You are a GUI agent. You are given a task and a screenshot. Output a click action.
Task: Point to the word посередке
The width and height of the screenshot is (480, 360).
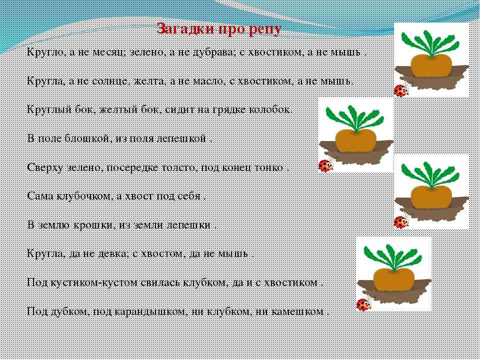tap(137, 168)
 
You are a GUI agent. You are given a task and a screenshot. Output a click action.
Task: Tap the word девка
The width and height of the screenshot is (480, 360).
tap(113, 254)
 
